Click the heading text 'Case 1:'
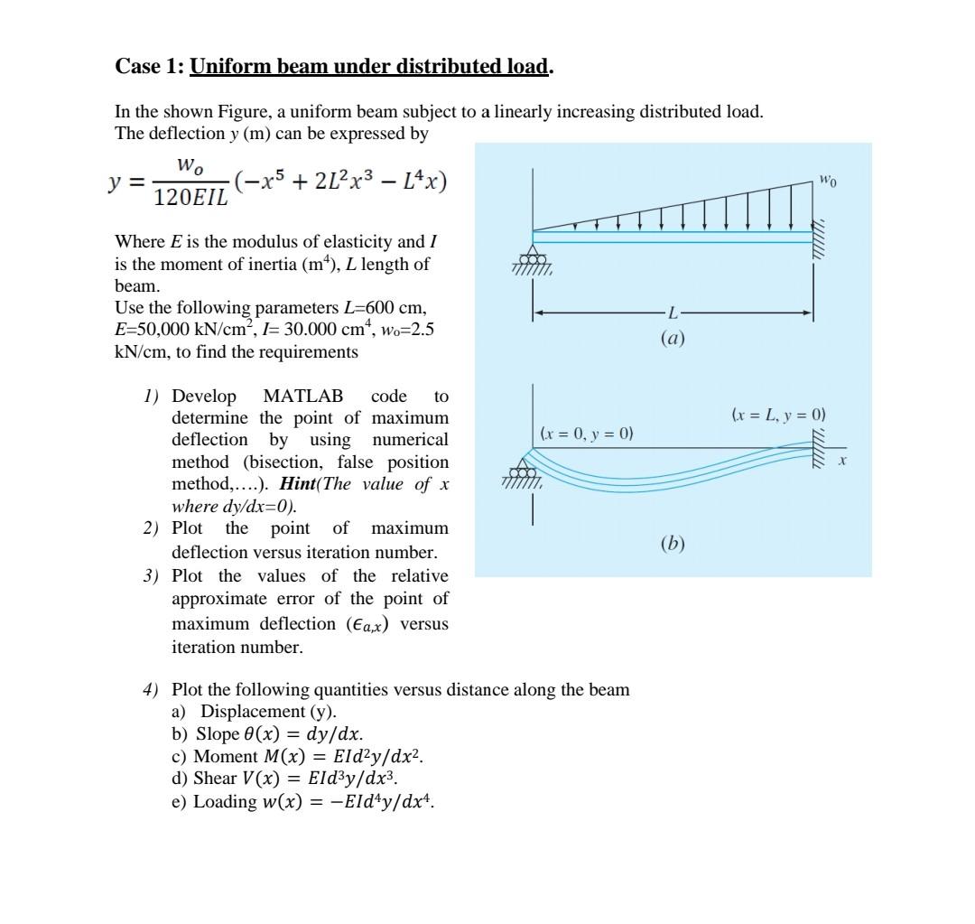(x=150, y=66)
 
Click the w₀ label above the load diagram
(x=829, y=182)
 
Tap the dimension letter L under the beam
(x=672, y=313)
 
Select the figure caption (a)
(x=673, y=339)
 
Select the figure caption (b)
(x=673, y=544)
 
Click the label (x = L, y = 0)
(x=777, y=415)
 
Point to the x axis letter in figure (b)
(x=841, y=462)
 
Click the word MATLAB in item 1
(x=302, y=396)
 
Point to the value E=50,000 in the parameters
(x=157, y=330)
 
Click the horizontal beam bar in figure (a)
(x=673, y=237)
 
